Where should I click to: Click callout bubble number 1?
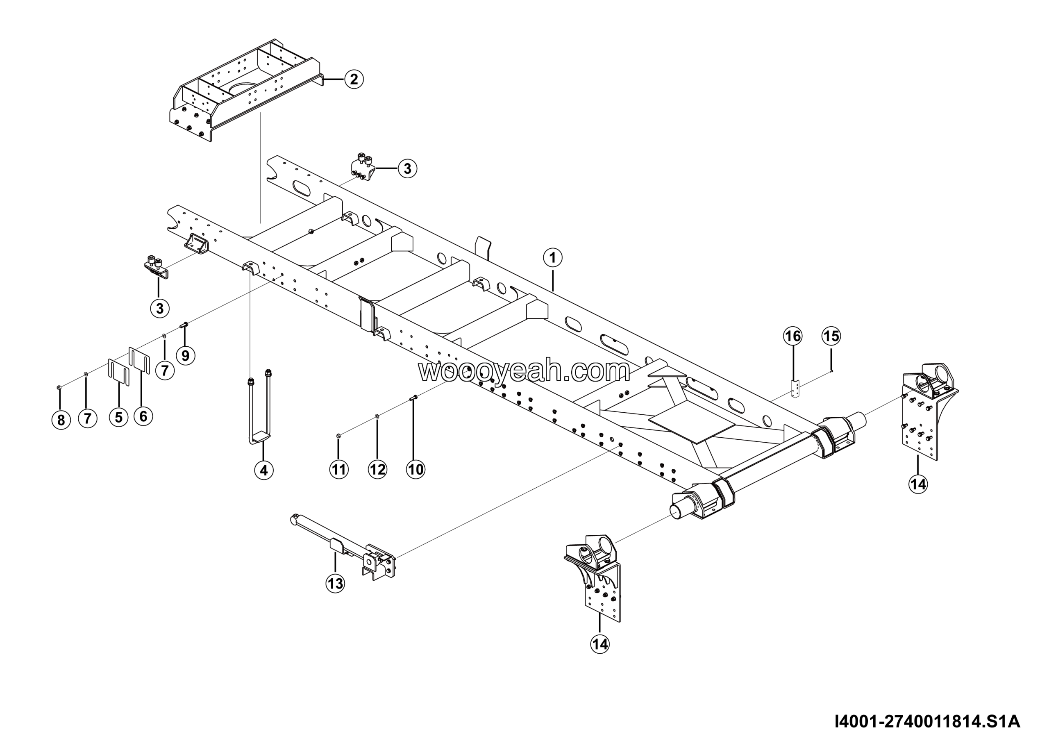click(552, 258)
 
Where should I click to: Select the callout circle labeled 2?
click(354, 79)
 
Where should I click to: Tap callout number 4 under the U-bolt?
click(263, 470)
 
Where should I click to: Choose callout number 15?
click(831, 336)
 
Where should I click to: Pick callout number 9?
click(185, 355)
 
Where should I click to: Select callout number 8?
click(61, 419)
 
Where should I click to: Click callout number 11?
click(338, 469)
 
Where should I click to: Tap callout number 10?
click(416, 469)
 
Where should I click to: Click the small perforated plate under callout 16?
click(795, 389)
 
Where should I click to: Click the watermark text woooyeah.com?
click(524, 371)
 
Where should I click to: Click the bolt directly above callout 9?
click(184, 325)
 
